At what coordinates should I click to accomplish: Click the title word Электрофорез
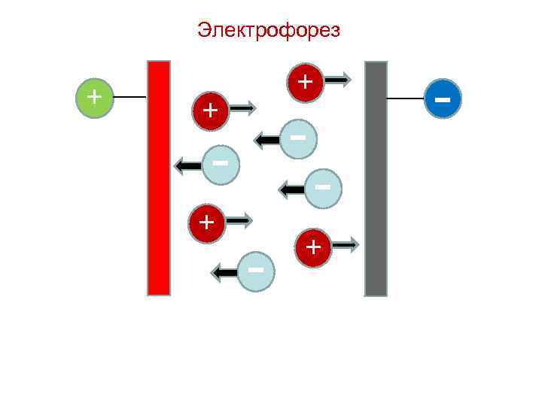(x=269, y=31)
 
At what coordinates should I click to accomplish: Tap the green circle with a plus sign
(x=93, y=98)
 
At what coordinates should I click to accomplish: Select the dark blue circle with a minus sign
(x=442, y=98)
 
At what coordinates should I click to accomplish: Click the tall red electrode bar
(x=159, y=177)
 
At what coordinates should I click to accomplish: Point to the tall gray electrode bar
(x=376, y=178)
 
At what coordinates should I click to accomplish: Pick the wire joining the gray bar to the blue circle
(x=406, y=98)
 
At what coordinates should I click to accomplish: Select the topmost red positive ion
(x=305, y=81)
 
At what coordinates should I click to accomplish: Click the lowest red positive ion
(x=314, y=247)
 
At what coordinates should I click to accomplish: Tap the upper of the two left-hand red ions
(x=212, y=111)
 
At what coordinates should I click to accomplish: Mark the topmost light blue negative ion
(x=298, y=139)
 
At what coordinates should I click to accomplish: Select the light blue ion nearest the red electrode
(x=221, y=164)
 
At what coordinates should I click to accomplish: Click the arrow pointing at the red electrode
(x=188, y=165)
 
